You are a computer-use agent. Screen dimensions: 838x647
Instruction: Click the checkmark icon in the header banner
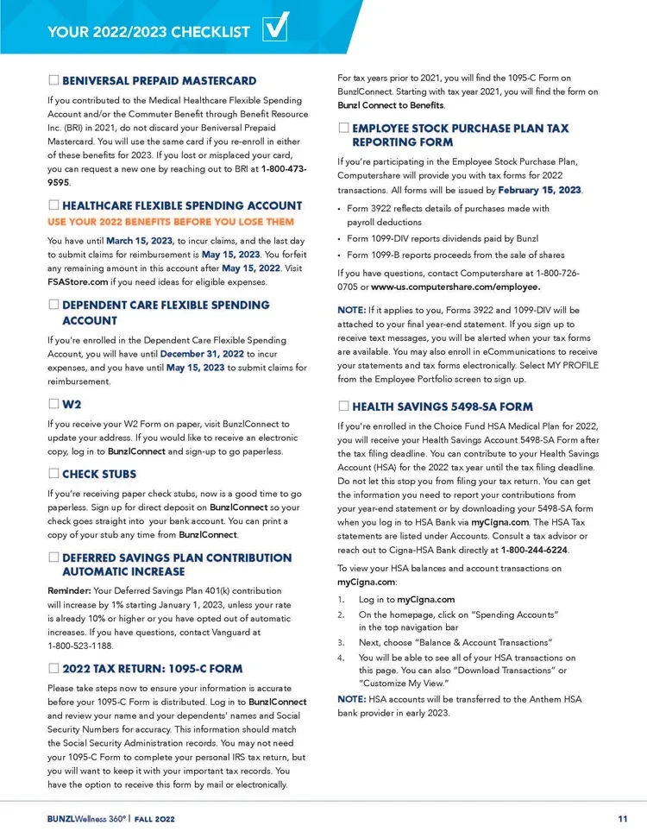coord(275,31)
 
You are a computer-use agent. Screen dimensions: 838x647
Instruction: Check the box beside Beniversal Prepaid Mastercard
coord(53,81)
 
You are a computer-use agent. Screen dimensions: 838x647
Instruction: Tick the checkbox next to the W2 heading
coord(53,403)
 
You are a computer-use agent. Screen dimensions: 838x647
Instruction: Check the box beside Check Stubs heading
coord(53,474)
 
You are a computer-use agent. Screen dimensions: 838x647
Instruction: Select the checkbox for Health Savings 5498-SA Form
coord(343,406)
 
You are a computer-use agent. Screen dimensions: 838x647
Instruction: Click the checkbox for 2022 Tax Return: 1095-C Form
coord(53,668)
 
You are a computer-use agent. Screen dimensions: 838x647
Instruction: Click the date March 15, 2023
coord(140,240)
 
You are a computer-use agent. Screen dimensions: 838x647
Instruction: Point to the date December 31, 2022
coord(202,354)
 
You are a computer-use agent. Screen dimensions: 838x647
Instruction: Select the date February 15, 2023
coord(540,190)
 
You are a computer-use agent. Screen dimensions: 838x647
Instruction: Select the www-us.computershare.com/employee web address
coord(455,287)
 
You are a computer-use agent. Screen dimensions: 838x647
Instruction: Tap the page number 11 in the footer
coord(622,818)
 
